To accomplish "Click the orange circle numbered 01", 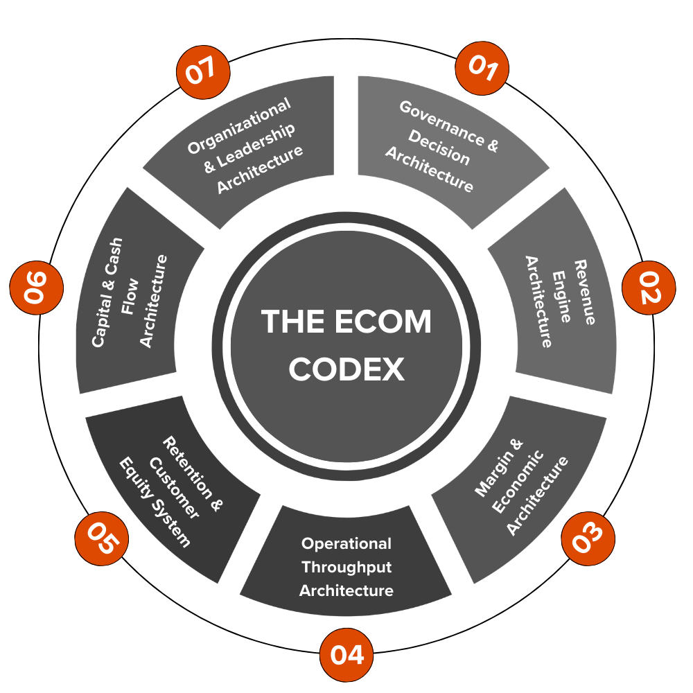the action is (482, 68).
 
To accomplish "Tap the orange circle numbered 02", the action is (649, 288).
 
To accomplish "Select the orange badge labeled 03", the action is (588, 538).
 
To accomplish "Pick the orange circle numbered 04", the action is (346, 655).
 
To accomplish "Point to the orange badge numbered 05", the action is (102, 538).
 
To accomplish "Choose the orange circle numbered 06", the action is (36, 288).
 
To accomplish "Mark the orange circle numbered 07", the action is (203, 72).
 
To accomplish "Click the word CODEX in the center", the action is (346, 369).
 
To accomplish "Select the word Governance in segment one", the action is (441, 121).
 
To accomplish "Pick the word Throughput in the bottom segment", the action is (346, 568).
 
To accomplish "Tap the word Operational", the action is (346, 543).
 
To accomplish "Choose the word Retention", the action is (187, 468).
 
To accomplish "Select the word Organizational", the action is (239, 125).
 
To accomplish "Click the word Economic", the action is (518, 482).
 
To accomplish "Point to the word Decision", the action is (439, 147).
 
